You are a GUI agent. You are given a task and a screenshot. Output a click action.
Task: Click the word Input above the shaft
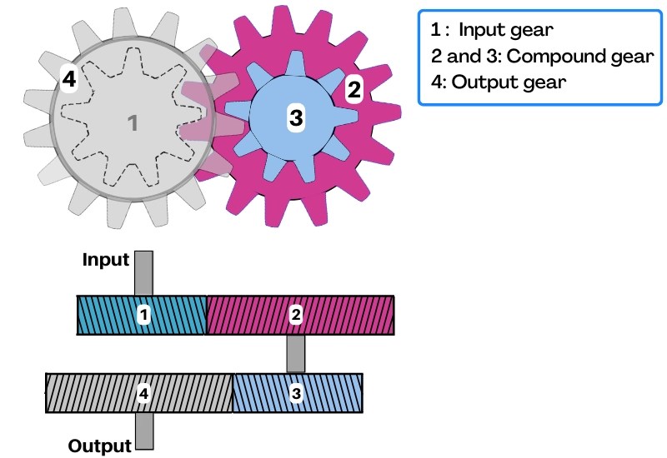tap(106, 260)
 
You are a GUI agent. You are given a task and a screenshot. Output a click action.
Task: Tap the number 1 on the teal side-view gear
tap(144, 315)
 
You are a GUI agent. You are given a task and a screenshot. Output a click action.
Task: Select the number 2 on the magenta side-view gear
tap(296, 315)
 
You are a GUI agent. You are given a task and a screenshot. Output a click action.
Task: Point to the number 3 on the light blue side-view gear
tap(296, 393)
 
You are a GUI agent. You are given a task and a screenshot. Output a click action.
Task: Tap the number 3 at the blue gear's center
tap(295, 118)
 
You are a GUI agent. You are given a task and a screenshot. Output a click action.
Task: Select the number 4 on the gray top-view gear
tap(69, 79)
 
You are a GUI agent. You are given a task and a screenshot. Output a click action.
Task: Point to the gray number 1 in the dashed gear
tap(131, 123)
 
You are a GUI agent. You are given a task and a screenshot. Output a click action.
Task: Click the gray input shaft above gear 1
tap(143, 273)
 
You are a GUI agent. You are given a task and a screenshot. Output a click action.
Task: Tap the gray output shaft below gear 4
tap(143, 431)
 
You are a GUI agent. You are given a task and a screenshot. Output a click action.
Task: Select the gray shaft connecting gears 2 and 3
tap(296, 353)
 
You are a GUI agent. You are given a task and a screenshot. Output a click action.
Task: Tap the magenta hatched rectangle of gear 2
tap(350, 315)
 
